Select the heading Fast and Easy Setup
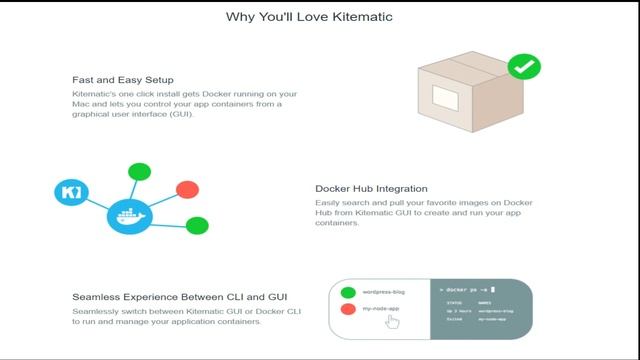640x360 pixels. pyautogui.click(x=123, y=79)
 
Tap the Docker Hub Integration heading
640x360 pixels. pyautogui.click(x=371, y=188)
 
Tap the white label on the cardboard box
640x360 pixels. pyautogui.click(x=445, y=98)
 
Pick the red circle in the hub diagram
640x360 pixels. pyautogui.click(x=187, y=189)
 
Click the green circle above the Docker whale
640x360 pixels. pyautogui.click(x=140, y=171)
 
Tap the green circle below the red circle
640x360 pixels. pyautogui.click(x=197, y=226)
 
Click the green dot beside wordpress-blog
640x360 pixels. pyautogui.click(x=347, y=293)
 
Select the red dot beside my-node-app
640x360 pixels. pyautogui.click(x=347, y=310)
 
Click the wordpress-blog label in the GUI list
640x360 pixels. pyautogui.click(x=384, y=293)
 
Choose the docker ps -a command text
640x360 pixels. pyautogui.click(x=467, y=287)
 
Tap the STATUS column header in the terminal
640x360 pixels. pyautogui.click(x=455, y=301)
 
